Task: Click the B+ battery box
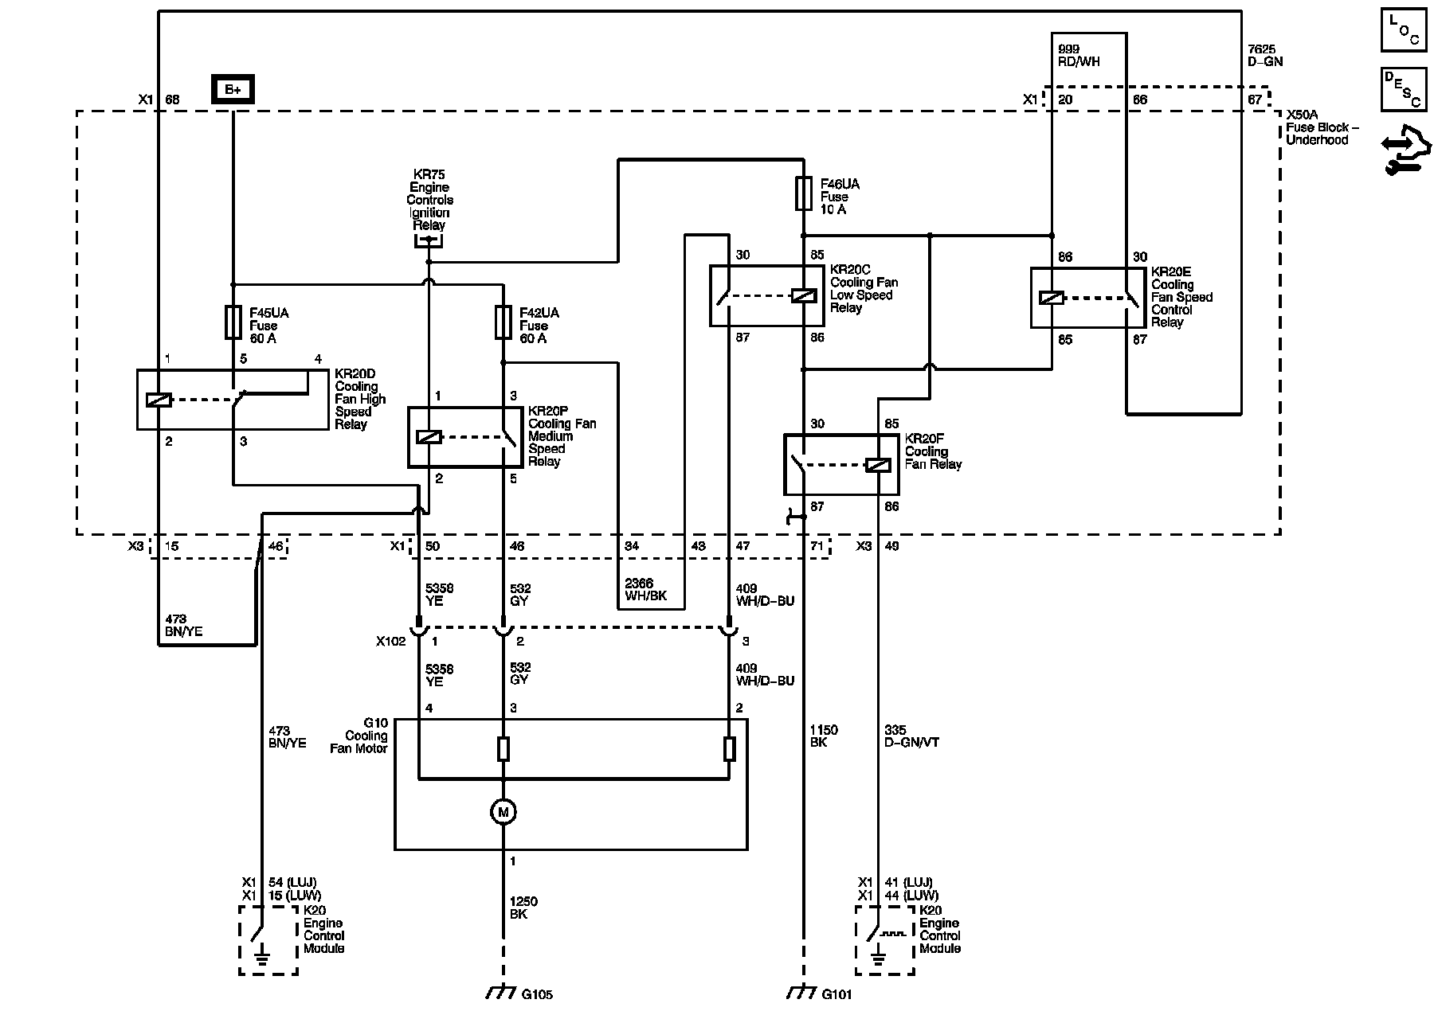click(233, 89)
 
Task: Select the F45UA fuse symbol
click(233, 322)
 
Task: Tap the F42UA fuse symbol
click(503, 322)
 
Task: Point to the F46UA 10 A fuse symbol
click(803, 193)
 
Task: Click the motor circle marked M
click(503, 812)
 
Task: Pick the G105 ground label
click(537, 994)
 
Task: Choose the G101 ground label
click(836, 994)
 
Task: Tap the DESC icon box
click(1404, 89)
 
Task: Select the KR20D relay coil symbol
click(159, 400)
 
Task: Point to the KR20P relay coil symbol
click(429, 437)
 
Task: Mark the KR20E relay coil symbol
click(1052, 299)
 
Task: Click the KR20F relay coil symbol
click(877, 465)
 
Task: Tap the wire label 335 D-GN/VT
click(912, 736)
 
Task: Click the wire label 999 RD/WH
click(1080, 55)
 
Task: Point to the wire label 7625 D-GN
click(1265, 55)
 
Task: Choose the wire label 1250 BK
click(523, 908)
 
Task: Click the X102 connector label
click(390, 641)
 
